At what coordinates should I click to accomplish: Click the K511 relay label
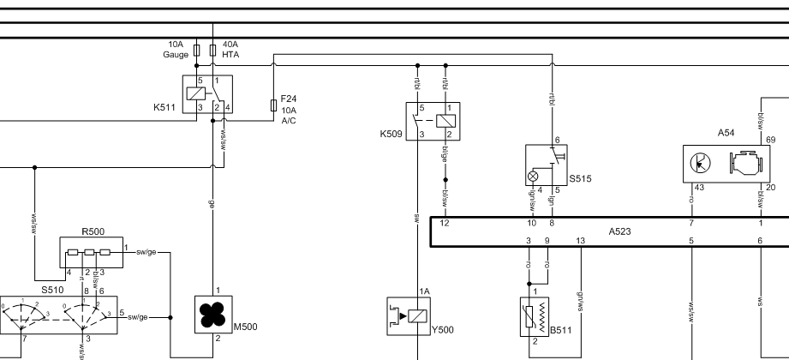[x=165, y=108]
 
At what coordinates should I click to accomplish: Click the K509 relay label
[x=390, y=135]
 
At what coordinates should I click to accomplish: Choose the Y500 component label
[x=441, y=327]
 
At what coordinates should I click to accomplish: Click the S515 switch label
[x=580, y=179]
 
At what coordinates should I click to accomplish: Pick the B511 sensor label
[x=561, y=329]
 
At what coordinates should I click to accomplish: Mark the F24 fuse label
[x=289, y=99]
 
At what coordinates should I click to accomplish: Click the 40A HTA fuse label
[x=230, y=49]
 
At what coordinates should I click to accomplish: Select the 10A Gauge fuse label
[x=176, y=49]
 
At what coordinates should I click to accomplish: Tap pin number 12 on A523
[x=445, y=222]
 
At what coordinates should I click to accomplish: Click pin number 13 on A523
[x=581, y=240]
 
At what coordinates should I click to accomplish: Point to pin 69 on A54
[x=770, y=139]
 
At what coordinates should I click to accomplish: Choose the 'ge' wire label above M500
[x=212, y=206]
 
